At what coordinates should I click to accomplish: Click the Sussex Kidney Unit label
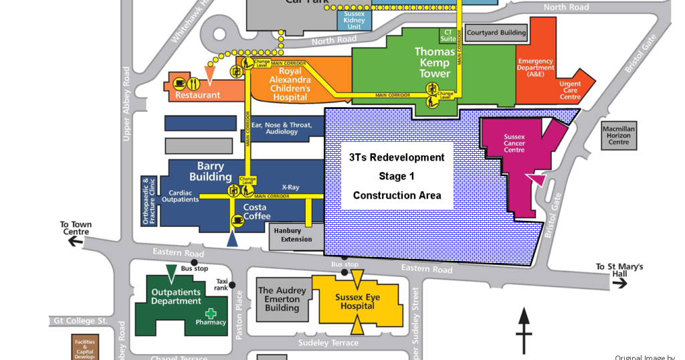coord(355,19)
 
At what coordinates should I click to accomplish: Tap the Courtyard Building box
coord(496,33)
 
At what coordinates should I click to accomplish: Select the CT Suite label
coord(447,35)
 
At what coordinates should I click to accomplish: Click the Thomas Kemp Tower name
coord(434,62)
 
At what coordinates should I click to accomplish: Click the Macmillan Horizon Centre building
coord(618,135)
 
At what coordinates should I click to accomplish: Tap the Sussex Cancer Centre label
coord(514,143)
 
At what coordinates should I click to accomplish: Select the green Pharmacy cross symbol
coord(211,313)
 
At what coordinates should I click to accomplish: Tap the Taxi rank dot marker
coord(232,285)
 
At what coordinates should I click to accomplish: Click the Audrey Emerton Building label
coord(282,299)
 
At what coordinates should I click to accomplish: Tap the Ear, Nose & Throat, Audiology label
coord(282,128)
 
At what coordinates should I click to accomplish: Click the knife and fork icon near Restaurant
coord(193,84)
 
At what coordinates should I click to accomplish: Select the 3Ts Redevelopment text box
coord(397,176)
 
